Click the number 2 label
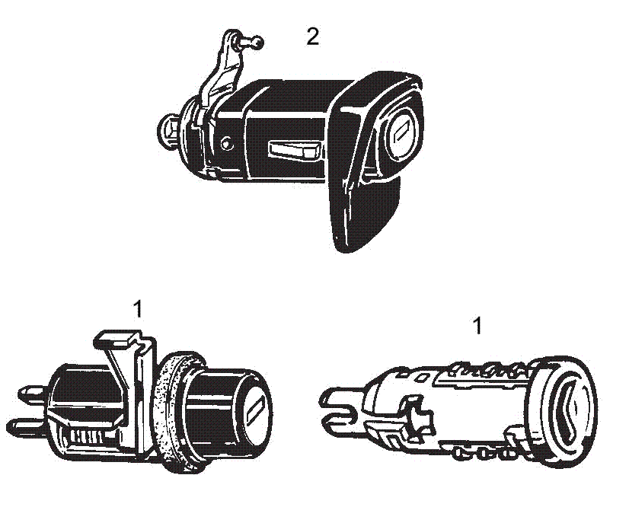tap(312, 37)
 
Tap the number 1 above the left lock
tap(138, 309)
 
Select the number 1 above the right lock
tap(477, 327)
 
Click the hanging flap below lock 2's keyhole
tap(364, 213)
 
